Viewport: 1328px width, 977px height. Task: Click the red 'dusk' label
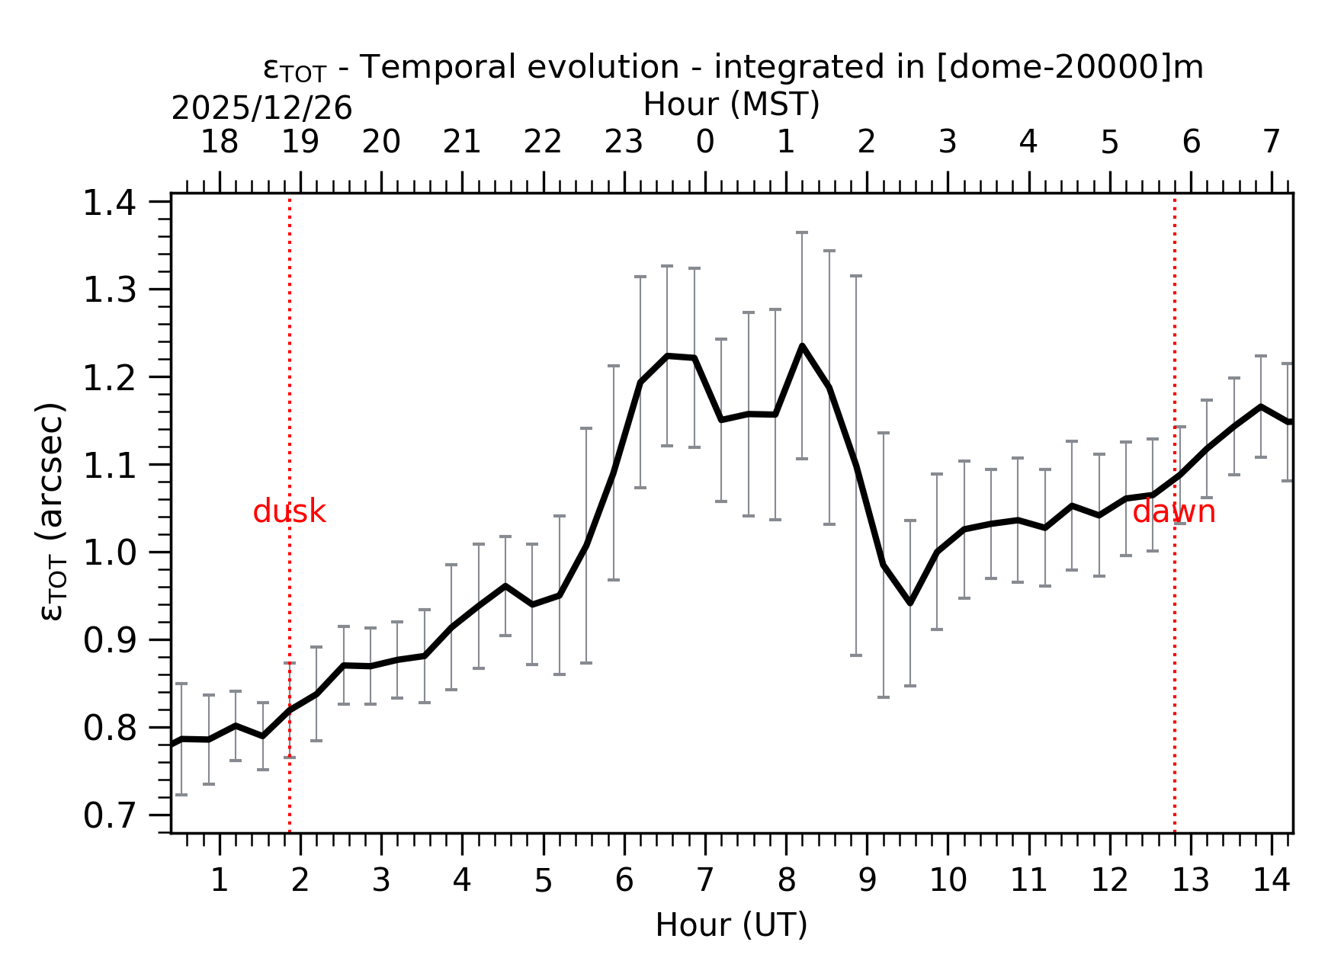[x=289, y=512]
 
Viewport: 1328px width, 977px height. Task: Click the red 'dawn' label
[x=1173, y=512]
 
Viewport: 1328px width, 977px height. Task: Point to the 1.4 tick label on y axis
[x=109, y=203]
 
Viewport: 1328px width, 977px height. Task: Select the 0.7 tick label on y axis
[x=109, y=816]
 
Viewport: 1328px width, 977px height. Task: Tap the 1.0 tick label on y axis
[x=109, y=553]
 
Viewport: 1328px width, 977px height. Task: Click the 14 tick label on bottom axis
[x=1272, y=881]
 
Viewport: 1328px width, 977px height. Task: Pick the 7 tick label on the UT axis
[x=704, y=881]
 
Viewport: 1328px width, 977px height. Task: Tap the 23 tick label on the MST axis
[x=624, y=143]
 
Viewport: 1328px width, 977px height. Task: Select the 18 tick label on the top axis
[x=219, y=143]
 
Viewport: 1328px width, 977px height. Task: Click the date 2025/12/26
[x=261, y=109]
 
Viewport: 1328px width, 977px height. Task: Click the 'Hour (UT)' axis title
[x=731, y=925]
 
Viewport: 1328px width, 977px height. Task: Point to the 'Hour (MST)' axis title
[x=731, y=104]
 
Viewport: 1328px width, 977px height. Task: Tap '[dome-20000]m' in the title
[x=1069, y=67]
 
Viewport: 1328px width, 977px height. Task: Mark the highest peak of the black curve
[x=802, y=346]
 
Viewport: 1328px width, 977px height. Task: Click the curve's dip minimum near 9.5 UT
[x=910, y=603]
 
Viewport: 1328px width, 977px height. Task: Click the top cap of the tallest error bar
[x=802, y=232]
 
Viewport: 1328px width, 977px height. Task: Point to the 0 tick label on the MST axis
[x=704, y=143]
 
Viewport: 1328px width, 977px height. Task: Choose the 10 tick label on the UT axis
[x=948, y=881]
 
